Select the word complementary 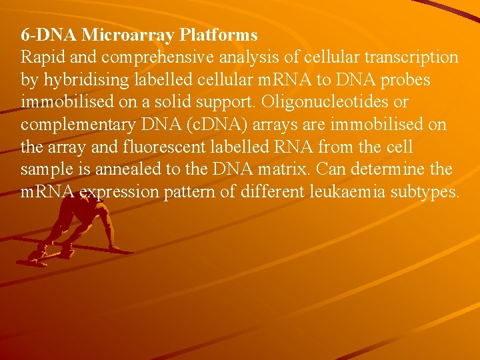(x=81, y=125)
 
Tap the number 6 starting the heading (x=25, y=34)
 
